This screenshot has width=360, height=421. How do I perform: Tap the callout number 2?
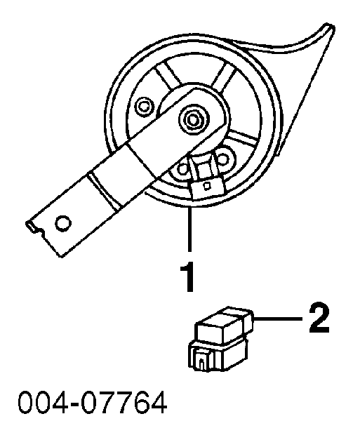tap(319, 318)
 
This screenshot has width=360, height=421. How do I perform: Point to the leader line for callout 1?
tap(189, 229)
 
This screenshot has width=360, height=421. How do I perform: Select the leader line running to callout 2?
tap(278, 319)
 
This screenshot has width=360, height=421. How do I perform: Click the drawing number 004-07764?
tap(93, 402)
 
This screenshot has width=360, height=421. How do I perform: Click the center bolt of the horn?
tap(192, 119)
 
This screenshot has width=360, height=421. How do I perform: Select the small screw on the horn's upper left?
tap(144, 107)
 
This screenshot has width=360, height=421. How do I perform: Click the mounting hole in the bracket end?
tap(63, 223)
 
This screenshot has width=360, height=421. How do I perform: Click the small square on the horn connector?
tap(207, 186)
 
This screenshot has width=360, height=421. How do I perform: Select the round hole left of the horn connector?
tap(182, 169)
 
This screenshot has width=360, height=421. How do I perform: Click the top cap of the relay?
tap(223, 324)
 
